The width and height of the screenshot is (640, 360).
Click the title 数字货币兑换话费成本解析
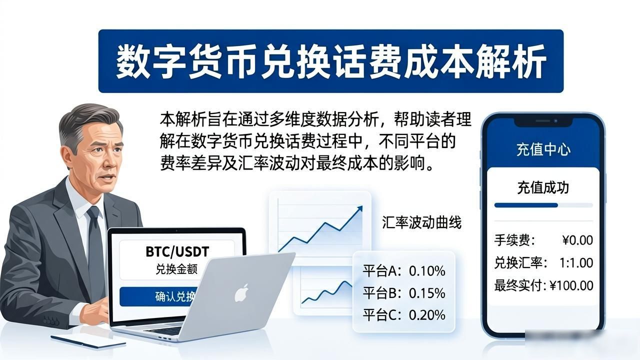pos(331,61)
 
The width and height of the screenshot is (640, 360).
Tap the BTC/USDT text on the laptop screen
pos(177,251)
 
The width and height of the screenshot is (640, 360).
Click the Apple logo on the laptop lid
pos(241,293)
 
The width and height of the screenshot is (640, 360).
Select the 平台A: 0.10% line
pos(404,271)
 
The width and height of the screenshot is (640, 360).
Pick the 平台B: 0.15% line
pos(404,293)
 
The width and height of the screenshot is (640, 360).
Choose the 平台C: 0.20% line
pos(404,315)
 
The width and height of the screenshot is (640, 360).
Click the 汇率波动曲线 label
pos(421,222)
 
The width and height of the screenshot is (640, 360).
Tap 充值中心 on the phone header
pos(543,149)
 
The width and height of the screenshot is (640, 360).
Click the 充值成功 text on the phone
pos(543,187)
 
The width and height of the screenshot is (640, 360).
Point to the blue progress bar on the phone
pos(526,205)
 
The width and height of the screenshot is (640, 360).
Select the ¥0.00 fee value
pos(577,240)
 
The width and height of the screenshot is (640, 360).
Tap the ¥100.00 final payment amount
pos(571,285)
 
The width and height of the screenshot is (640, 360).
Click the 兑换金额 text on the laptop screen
pos(176,269)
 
